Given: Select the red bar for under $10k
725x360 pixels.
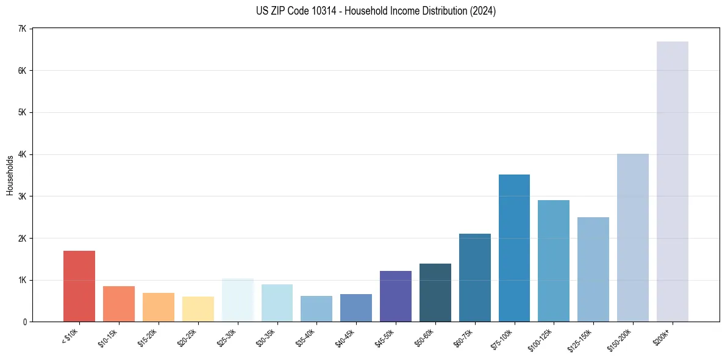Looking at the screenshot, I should tap(79, 286).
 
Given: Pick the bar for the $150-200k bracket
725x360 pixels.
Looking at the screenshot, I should tap(633, 238).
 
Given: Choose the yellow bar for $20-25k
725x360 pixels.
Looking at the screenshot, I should tap(198, 309).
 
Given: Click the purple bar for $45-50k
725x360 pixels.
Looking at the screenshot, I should tap(395, 297).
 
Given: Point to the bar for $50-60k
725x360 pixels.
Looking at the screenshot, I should tap(435, 293).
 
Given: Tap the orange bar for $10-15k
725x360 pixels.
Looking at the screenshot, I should tap(119, 304).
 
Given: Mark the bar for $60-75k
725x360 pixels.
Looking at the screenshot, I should tap(474, 278).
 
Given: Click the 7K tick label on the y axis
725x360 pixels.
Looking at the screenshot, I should tap(22, 29).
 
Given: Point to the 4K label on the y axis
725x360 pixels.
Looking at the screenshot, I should tap(22, 154).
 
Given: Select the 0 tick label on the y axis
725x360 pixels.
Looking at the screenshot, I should tap(25, 322).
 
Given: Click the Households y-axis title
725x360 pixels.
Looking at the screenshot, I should tap(10, 175).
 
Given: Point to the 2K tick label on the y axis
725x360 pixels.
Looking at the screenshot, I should tap(22, 238).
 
